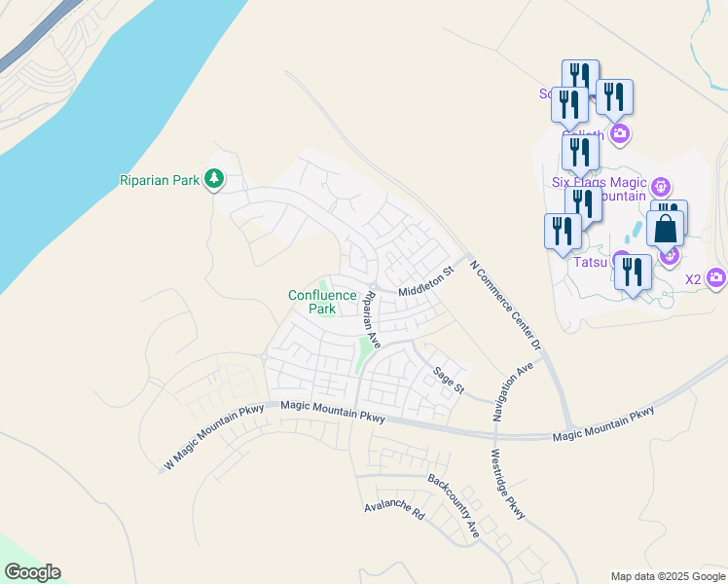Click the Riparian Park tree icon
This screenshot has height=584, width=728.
click(x=214, y=180)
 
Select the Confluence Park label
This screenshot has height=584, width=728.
click(x=312, y=302)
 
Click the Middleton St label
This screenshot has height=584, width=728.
click(x=426, y=284)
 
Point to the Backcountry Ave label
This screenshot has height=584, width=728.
click(x=455, y=506)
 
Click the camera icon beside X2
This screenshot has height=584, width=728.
click(x=717, y=278)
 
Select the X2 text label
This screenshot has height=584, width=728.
click(x=693, y=279)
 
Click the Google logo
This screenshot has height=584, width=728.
click(x=32, y=572)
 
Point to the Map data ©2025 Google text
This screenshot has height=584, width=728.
click(x=668, y=576)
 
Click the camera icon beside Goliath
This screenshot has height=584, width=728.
click(x=619, y=133)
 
